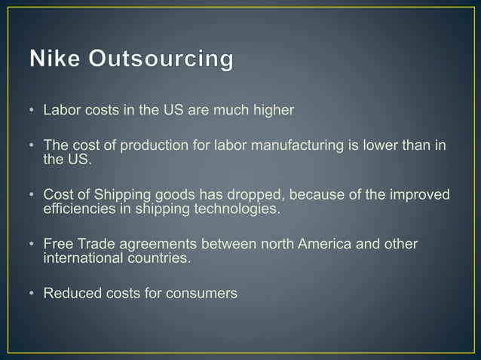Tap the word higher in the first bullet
tap(272, 111)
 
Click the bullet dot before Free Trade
tap(32, 246)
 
